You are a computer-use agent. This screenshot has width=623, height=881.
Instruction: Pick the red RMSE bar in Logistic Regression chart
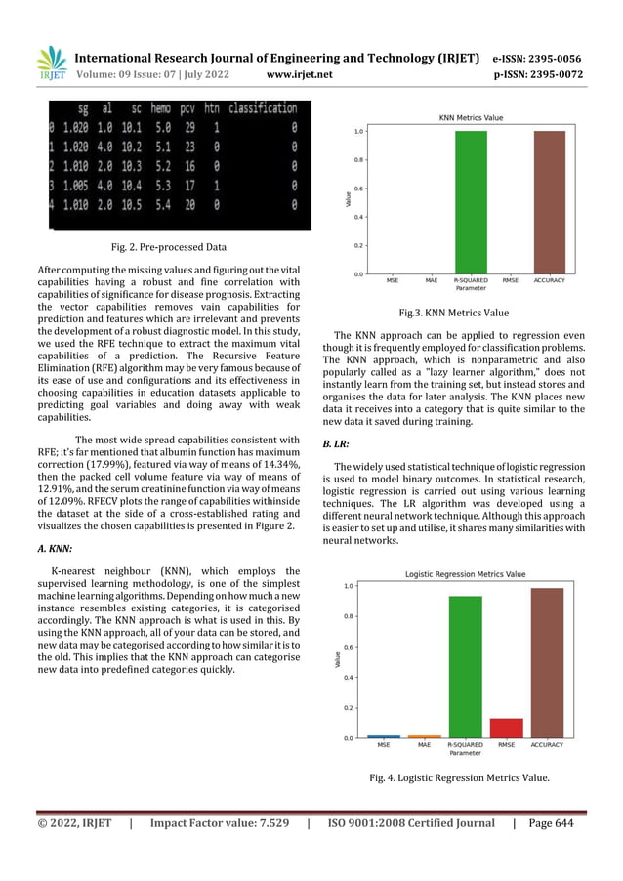tap(507, 729)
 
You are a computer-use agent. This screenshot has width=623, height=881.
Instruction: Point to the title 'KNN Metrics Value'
tap(465, 117)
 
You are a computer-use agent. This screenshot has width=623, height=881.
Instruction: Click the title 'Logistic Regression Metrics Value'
tap(465, 573)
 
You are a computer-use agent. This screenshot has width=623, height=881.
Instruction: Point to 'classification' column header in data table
tap(259, 108)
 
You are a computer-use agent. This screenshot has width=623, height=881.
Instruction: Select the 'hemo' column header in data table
tap(166, 108)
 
